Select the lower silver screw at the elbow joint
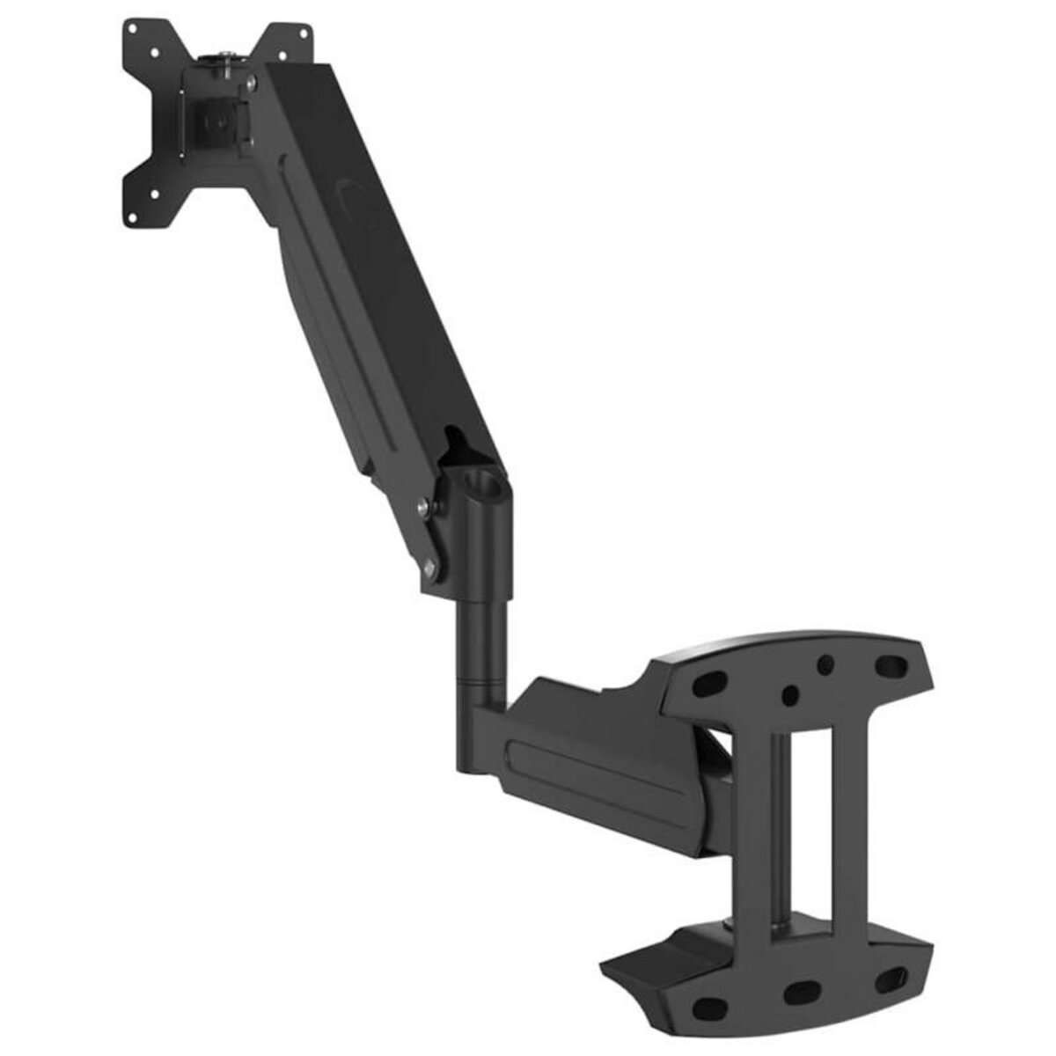tap(430, 568)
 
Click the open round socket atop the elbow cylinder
tap(483, 484)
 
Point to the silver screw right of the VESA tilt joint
tap(253, 84)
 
